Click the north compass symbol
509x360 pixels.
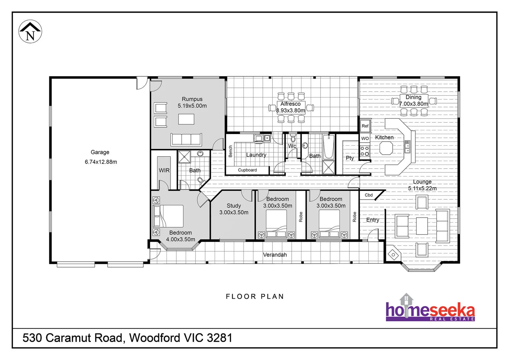tap(30, 32)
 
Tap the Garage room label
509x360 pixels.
tap(100, 152)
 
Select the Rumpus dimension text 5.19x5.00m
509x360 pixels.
tap(192, 106)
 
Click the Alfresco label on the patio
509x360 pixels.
tap(290, 104)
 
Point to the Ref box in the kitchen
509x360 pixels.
tap(365, 126)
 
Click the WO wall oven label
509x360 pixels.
tap(365, 138)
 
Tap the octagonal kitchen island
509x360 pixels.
tap(386, 148)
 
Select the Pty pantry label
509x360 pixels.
tap(350, 158)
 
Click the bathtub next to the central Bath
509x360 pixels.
tap(328, 147)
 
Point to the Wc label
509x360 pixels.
tap(292, 146)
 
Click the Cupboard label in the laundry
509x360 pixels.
tap(247, 170)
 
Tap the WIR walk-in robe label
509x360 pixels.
tap(164, 170)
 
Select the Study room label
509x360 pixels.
tap(234, 206)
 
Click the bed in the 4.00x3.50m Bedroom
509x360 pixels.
tap(169, 216)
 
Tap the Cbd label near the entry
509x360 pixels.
tap(369, 195)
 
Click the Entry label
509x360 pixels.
tap(372, 220)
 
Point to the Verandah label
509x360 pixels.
tap(275, 255)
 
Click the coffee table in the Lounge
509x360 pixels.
tap(422, 226)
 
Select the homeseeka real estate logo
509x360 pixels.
tap(430, 309)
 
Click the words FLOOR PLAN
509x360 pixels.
tap(255, 297)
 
